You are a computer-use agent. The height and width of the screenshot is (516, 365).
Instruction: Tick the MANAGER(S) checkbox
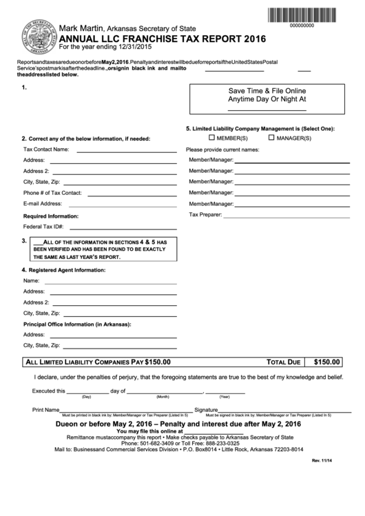271,138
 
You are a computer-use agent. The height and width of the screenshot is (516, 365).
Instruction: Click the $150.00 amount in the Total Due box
326,361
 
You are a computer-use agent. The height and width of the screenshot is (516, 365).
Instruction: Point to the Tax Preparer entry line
282,216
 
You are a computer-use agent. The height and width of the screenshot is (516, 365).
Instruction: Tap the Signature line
275,411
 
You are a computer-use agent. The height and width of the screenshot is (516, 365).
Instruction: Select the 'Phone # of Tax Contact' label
52,193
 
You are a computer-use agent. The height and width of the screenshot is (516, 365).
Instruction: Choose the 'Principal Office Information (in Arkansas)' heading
77,324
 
